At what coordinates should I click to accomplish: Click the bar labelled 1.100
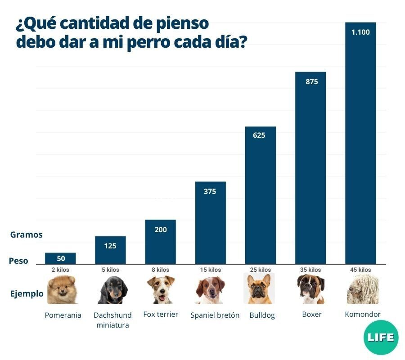point(360,144)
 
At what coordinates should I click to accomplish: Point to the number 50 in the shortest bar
point(61,258)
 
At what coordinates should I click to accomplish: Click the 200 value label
point(160,230)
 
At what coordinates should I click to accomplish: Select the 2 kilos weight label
point(60,270)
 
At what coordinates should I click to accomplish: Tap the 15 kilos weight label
point(210,270)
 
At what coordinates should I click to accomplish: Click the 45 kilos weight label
point(360,270)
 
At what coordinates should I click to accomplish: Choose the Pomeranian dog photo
point(62,290)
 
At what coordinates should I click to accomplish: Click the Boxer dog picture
point(310,289)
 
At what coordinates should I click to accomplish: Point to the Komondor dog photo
point(362,289)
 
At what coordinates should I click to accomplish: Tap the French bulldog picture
point(259,289)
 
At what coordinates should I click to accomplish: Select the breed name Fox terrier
point(161,314)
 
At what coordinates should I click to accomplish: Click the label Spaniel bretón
point(215,315)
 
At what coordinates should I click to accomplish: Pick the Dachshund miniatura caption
point(112,320)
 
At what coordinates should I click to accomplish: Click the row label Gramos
point(26,234)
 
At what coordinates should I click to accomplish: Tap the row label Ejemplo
point(27,294)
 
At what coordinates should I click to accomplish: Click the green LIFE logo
point(381,337)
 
